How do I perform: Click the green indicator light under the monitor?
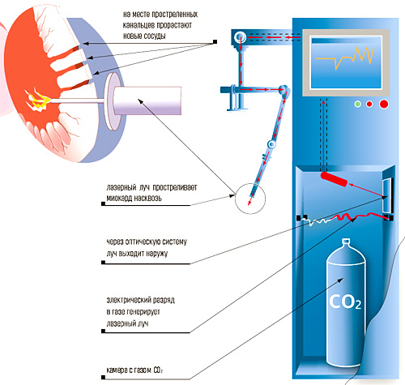point(358,104)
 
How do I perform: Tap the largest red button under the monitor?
point(384,104)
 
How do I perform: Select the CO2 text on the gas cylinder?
point(345,302)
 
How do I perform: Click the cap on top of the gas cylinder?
point(346,242)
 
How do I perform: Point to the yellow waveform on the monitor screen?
point(345,58)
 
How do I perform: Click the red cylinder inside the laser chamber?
point(334,178)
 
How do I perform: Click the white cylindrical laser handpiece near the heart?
point(147,101)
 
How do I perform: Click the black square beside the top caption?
point(215,41)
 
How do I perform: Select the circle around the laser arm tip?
point(250,184)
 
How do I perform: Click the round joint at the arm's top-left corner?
point(240,37)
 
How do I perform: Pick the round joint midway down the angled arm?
point(271,144)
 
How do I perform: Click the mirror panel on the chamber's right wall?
point(387,195)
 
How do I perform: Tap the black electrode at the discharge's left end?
point(299,217)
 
